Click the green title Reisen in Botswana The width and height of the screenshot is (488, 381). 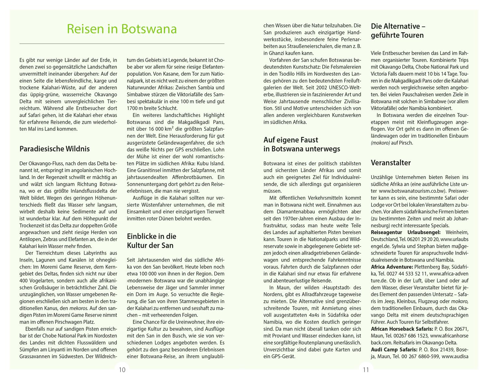point(122,29)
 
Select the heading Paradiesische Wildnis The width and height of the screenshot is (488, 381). point(55,149)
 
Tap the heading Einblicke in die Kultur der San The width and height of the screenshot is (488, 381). point(152,241)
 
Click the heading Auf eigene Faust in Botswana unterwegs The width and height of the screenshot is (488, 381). point(302,144)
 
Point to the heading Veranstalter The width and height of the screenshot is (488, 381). point(391,163)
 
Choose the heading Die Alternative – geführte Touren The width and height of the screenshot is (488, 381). point(398,31)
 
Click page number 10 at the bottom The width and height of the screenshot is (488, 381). point(122,370)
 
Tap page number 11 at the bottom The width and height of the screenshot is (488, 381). point(366,370)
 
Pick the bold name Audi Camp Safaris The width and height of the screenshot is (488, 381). point(394,349)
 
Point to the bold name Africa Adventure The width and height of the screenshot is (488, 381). point(391,267)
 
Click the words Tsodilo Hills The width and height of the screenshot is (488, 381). point(296,74)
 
